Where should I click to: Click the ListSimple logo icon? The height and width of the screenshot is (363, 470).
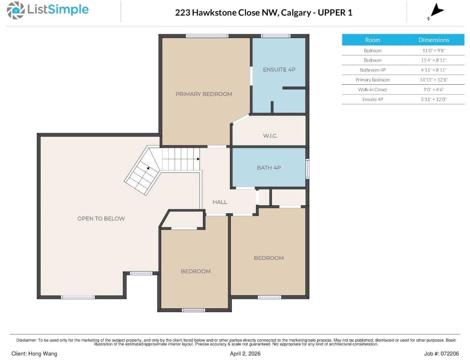coord(16,10)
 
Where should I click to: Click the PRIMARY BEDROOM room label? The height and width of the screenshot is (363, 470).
coord(204,94)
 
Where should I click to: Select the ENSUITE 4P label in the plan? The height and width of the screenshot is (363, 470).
coord(279,69)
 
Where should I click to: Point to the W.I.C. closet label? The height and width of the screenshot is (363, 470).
coord(270,136)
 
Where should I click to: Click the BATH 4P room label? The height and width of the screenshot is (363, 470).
coord(269,168)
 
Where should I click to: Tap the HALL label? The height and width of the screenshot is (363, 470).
coord(220,202)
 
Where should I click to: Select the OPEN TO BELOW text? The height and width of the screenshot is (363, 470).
coord(101,219)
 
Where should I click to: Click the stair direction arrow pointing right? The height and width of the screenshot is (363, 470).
coord(198,159)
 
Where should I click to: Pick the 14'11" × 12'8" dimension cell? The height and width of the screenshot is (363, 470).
coord(433,80)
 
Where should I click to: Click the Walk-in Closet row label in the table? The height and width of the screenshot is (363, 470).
coord(372,90)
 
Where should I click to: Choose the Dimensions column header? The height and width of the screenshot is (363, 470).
coord(433,40)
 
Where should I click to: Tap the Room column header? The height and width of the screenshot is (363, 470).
coord(372,40)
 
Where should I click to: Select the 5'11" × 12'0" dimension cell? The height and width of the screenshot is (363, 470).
coord(433,99)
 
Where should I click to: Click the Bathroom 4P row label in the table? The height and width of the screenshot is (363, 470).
coord(372,70)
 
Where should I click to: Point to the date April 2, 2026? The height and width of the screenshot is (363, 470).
coord(245,353)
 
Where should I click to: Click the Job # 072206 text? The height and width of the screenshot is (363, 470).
coord(441,353)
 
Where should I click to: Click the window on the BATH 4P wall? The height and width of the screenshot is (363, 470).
coord(308,168)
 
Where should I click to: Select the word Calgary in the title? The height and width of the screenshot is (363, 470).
coord(296,12)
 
